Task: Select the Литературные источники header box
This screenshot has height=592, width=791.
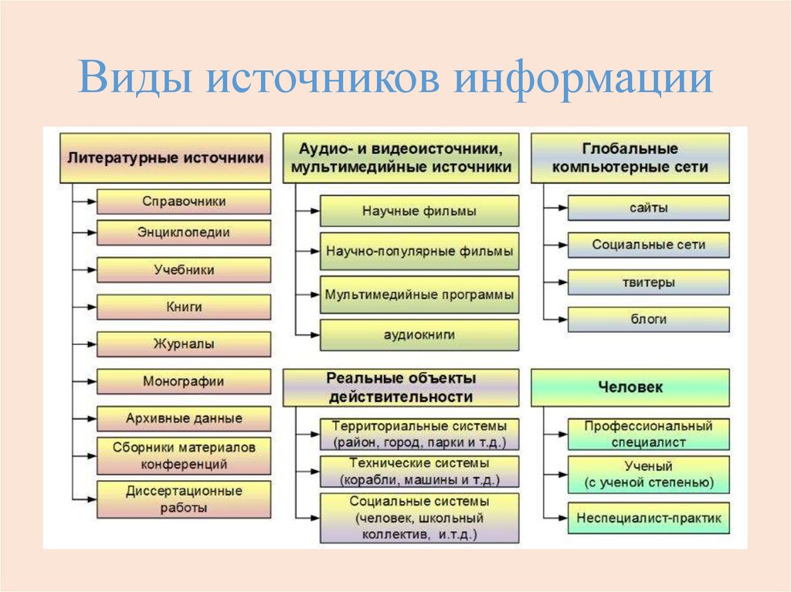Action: click(166, 157)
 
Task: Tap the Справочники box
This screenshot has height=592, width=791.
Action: click(184, 201)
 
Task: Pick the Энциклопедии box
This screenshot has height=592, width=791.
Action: click(184, 232)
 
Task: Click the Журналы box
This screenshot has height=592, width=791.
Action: click(184, 343)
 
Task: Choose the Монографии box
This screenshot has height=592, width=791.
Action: click(184, 381)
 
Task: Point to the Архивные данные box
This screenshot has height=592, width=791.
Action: click(184, 418)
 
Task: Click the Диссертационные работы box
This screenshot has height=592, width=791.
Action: click(184, 499)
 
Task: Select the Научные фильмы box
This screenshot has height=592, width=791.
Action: click(419, 211)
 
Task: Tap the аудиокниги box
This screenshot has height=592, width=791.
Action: click(419, 335)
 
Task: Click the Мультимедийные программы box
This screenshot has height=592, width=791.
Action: click(419, 295)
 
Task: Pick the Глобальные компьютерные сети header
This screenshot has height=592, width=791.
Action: click(630, 157)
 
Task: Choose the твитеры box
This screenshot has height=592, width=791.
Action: click(648, 282)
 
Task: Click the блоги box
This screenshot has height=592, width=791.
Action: click(648, 320)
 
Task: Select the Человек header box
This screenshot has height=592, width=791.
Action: click(630, 387)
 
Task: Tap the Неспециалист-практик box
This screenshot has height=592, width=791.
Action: click(648, 518)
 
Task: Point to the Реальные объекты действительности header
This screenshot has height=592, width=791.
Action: click(401, 387)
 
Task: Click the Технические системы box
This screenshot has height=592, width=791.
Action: click(419, 471)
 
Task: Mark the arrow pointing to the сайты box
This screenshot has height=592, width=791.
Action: click(559, 208)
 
